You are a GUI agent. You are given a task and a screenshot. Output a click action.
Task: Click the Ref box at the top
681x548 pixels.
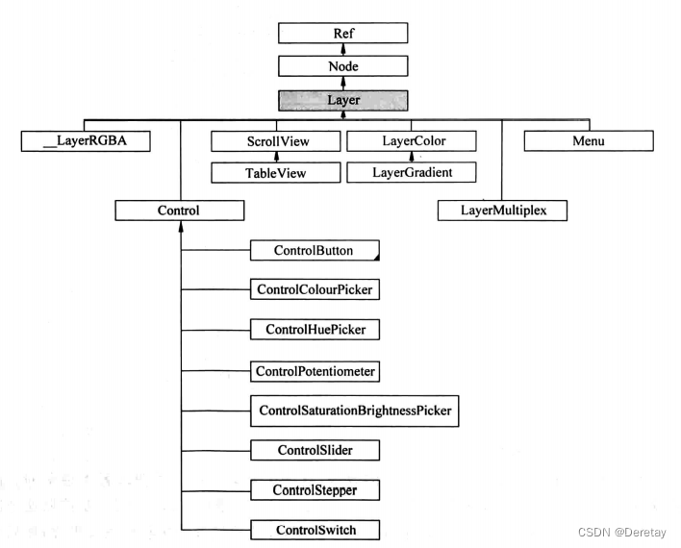[343, 32]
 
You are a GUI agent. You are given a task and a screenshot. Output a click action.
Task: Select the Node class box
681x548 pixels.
[343, 65]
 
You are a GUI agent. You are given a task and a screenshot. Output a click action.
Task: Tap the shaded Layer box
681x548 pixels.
[343, 99]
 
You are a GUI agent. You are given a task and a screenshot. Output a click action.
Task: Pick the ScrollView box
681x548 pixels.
[276, 141]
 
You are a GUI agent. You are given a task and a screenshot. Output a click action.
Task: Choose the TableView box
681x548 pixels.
[276, 172]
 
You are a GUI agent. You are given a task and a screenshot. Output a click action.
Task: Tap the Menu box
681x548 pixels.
[588, 141]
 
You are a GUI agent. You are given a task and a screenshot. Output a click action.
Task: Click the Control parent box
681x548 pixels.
[179, 209]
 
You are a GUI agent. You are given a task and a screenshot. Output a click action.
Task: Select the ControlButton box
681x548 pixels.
[315, 251]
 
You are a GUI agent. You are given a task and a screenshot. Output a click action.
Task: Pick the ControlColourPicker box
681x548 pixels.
[315, 288]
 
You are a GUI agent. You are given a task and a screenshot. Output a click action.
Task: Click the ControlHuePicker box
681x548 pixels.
[315, 329]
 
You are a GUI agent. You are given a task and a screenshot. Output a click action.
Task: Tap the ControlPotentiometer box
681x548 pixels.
[315, 369]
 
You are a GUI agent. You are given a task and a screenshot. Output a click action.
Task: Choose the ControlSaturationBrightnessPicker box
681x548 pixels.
[354, 411]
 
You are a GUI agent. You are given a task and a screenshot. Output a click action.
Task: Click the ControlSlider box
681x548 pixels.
[315, 450]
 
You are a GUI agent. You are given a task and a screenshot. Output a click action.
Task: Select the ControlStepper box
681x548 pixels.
[315, 490]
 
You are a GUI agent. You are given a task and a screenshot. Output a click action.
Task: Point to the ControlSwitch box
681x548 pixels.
[315, 530]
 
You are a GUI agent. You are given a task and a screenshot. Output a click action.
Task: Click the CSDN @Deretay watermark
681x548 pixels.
[620, 530]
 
